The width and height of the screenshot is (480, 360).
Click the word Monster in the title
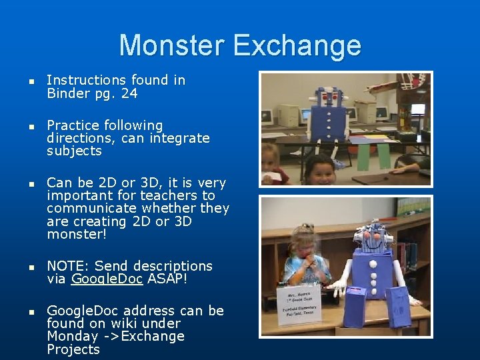172,45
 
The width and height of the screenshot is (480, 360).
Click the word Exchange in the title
297,45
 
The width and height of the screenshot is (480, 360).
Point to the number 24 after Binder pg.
129,94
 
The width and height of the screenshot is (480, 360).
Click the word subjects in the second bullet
74,151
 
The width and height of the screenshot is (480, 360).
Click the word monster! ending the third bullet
77,234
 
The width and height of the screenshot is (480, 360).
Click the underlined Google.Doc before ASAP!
107,279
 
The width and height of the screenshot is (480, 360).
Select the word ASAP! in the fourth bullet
167,279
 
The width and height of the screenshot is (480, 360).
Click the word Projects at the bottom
73,349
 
